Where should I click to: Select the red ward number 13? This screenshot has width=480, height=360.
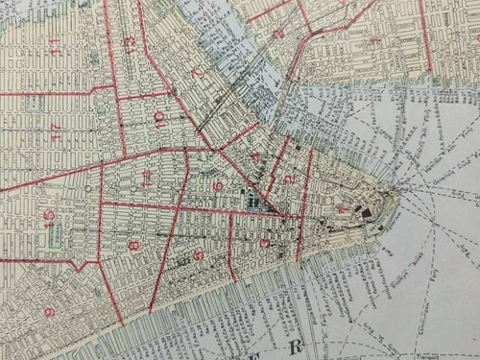pyautogui.click(x=131, y=45)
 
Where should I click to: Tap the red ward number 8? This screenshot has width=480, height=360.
pyautogui.click(x=133, y=247)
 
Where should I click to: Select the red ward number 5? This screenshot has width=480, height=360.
pyautogui.click(x=198, y=255)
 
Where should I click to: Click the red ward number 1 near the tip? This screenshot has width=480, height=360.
pyautogui.click(x=343, y=208)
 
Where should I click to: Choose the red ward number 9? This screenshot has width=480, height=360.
pyautogui.click(x=49, y=312)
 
